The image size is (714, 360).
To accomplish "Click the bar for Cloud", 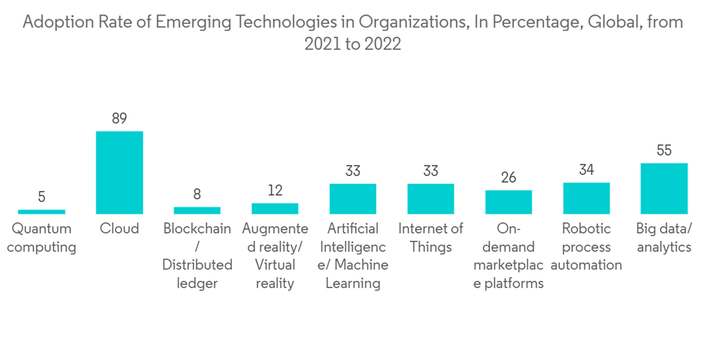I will [119, 173].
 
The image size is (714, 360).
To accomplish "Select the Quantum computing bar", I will [41, 211].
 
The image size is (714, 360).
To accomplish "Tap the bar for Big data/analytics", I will [664, 189].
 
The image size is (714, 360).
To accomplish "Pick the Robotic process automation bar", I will [586, 199].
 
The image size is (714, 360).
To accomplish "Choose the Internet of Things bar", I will [431, 199].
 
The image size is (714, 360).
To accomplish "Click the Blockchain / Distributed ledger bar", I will [197, 211].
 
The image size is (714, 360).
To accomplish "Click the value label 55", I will [664, 151].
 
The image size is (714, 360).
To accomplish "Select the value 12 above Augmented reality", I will [275, 191].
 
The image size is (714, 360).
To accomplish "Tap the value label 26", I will [508, 178].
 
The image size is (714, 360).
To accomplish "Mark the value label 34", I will [586, 170].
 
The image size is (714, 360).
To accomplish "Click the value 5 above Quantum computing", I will [41, 197].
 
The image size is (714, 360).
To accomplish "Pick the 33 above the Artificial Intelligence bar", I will [353, 171].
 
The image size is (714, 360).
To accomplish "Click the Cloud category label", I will [119, 229].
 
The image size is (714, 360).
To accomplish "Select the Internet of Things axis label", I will [431, 238].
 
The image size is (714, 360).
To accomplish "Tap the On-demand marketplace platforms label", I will [508, 256].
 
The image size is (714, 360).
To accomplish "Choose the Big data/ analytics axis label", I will [664, 238].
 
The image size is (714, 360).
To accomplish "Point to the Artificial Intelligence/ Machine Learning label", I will [353, 256].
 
